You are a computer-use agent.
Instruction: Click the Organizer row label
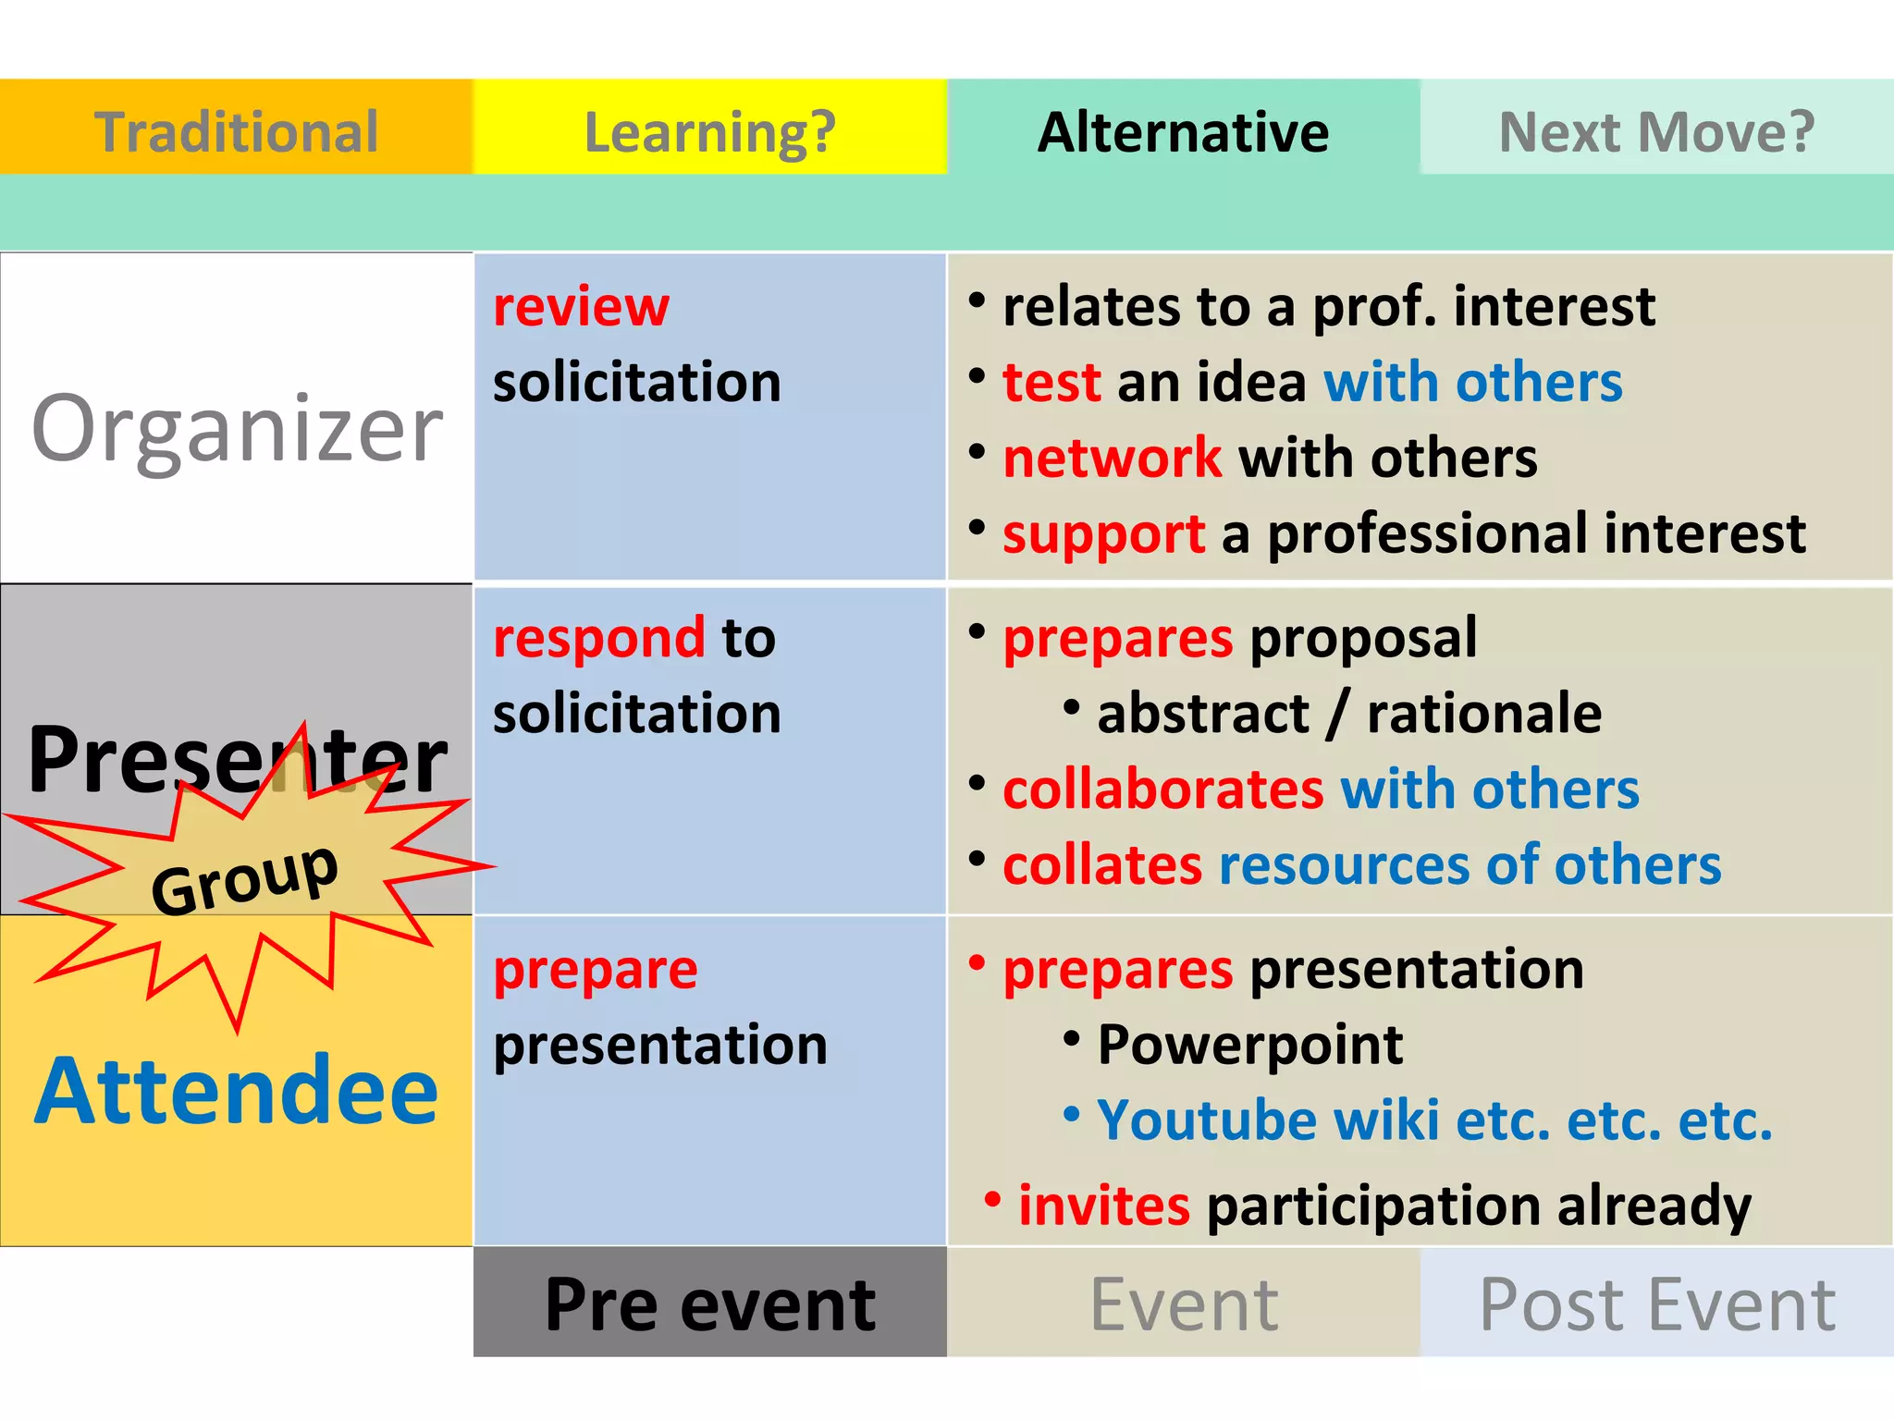(x=237, y=427)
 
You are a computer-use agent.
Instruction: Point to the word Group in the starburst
(x=244, y=878)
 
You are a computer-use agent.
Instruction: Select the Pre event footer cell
(x=709, y=1304)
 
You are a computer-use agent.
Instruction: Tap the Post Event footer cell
(x=1656, y=1304)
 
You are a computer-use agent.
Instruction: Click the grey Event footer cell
(x=1183, y=1304)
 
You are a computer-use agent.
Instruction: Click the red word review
(x=581, y=307)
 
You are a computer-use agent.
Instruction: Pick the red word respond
(x=599, y=638)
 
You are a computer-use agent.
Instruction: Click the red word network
(x=1112, y=458)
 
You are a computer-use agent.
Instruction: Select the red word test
(x=1052, y=382)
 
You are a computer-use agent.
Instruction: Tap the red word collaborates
(x=1163, y=790)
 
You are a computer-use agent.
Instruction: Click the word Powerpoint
(x=1249, y=1045)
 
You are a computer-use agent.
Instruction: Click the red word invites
(x=1103, y=1206)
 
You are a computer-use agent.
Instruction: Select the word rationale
(x=1483, y=714)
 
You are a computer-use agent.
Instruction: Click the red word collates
(x=1102, y=865)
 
